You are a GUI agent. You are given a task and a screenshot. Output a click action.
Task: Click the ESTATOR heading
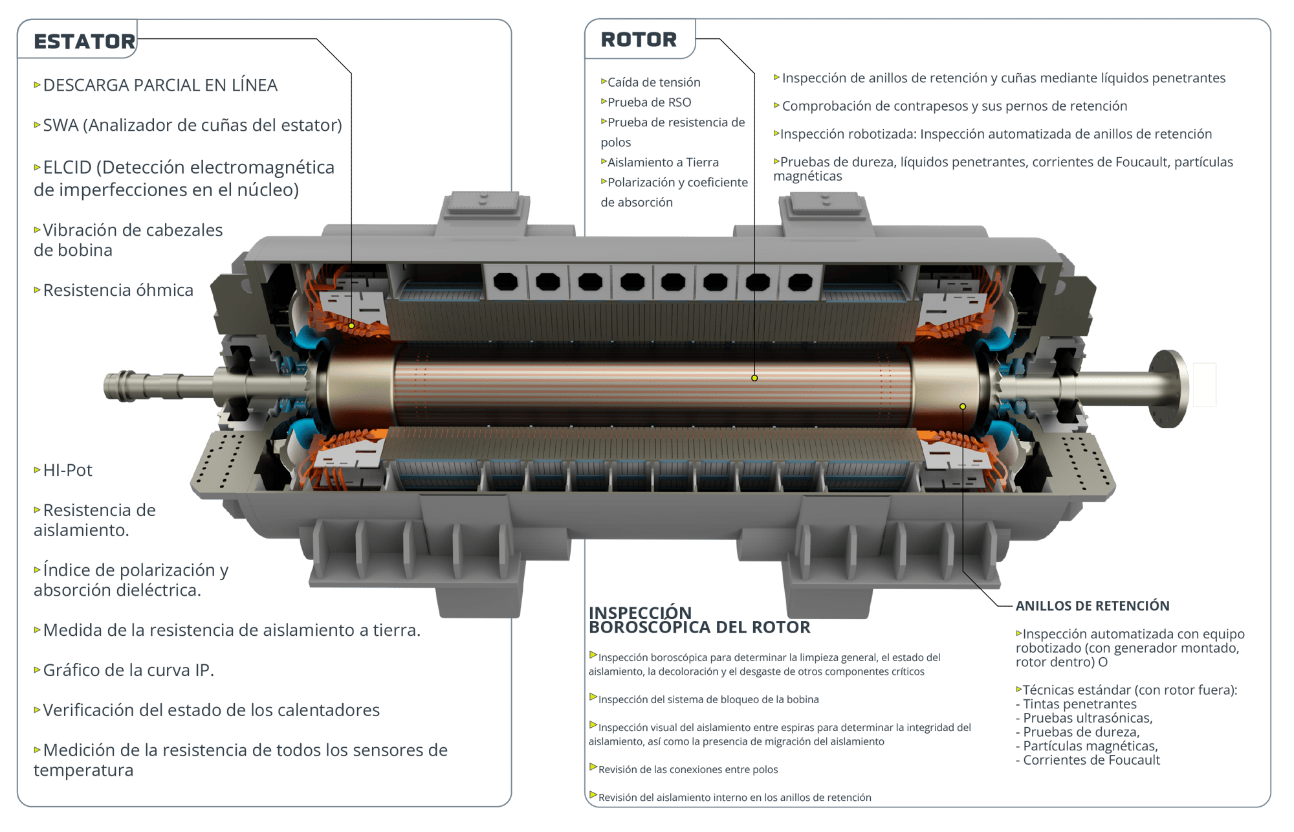tap(85, 41)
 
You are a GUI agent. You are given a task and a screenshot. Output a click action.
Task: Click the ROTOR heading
tap(639, 39)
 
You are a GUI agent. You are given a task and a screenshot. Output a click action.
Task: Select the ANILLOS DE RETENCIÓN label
tap(1092, 606)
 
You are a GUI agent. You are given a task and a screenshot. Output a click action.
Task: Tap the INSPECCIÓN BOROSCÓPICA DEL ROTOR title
tap(699, 620)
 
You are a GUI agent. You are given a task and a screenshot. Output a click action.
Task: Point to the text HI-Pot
tap(67, 470)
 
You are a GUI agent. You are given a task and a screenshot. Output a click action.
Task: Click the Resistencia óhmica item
tap(118, 290)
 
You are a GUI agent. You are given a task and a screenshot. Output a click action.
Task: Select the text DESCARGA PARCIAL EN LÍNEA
tap(160, 85)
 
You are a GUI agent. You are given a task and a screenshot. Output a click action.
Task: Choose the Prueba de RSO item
tap(649, 102)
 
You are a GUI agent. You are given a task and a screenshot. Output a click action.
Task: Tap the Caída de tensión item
tap(653, 82)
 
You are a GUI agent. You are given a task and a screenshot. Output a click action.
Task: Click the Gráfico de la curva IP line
tap(128, 670)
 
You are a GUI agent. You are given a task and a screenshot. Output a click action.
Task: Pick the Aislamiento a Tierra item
tap(663, 163)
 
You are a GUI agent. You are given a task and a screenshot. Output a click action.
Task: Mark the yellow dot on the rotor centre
tap(754, 378)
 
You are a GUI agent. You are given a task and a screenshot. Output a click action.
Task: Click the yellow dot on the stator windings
tap(351, 326)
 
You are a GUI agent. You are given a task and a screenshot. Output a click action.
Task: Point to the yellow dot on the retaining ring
tap(963, 407)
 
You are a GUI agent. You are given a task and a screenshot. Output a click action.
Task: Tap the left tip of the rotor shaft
tap(105, 387)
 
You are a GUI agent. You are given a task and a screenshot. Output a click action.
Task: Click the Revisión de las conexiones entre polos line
tap(688, 770)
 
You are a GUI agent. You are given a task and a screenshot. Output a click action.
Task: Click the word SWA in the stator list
tap(61, 126)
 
